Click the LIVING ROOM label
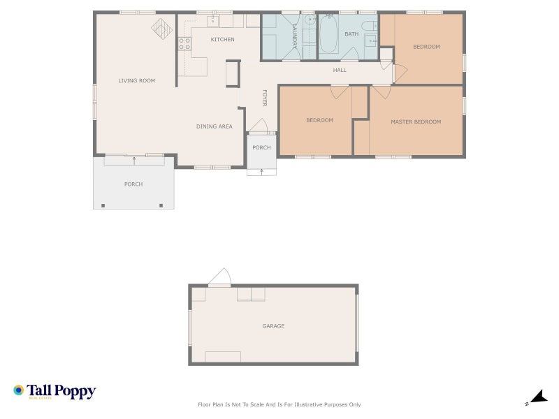(136, 80)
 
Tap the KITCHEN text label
(222, 40)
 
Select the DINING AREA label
(215, 126)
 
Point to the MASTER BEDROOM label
(416, 122)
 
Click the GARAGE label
(273, 326)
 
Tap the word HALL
(340, 71)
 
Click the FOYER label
(265, 98)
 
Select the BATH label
(351, 34)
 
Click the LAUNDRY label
(294, 36)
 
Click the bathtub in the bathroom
(328, 34)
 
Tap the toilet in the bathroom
(370, 26)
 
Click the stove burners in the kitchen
(184, 44)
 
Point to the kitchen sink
(213, 22)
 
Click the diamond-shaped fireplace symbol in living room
(162, 29)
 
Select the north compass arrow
(539, 397)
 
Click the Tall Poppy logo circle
(19, 390)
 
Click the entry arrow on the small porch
(261, 172)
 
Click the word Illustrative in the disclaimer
(308, 404)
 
